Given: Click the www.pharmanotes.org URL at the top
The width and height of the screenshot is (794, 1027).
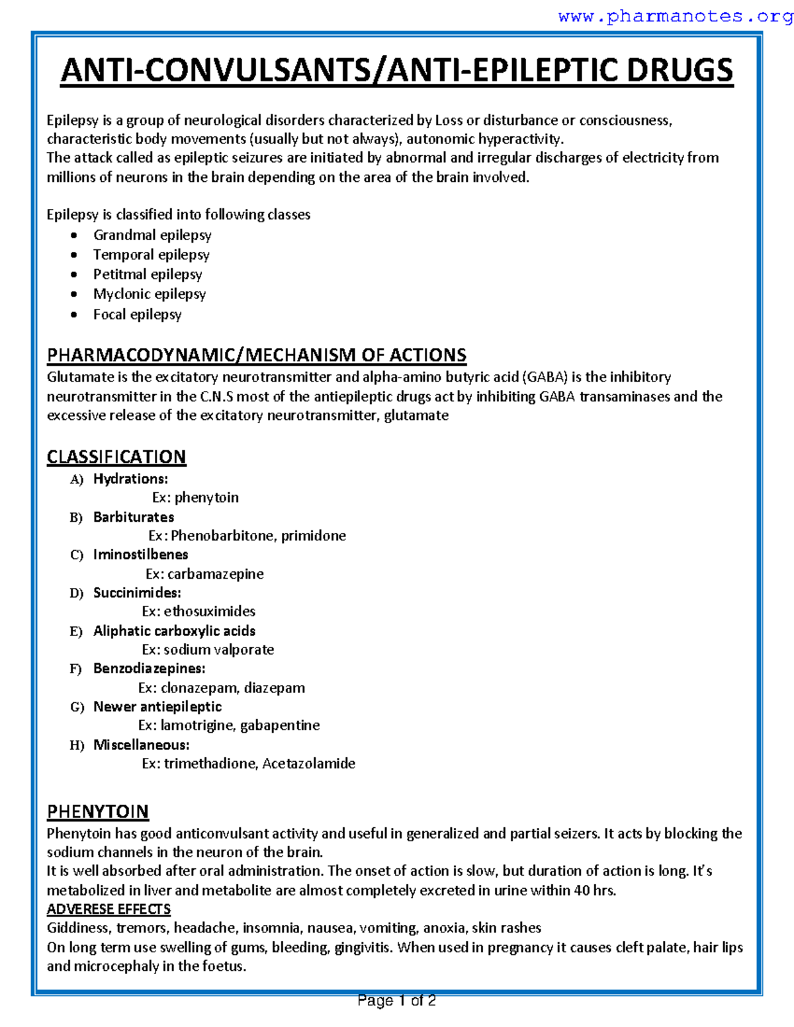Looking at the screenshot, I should coord(675,17).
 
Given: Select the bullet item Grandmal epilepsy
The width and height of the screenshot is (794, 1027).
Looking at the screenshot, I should coord(152,235).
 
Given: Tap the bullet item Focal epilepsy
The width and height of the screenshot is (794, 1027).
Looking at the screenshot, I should coord(137,315).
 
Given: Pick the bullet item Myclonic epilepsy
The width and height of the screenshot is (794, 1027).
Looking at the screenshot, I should coord(150,294).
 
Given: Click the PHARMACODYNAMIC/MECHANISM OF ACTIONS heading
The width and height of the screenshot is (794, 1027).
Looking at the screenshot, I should coord(256,355).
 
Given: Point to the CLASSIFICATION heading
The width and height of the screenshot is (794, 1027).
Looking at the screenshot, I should coord(116,457).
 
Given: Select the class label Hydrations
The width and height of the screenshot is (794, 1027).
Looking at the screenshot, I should coord(130,479).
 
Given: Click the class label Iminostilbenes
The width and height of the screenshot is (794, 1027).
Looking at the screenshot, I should coord(140,555).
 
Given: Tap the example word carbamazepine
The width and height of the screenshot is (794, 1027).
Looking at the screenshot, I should coord(215,574).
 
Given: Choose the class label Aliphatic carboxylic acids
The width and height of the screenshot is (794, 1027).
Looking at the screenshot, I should coord(174,631).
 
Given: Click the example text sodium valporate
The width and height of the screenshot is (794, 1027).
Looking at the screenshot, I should coord(218,650).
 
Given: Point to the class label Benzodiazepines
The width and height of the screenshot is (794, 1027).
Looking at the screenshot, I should coord(149,669).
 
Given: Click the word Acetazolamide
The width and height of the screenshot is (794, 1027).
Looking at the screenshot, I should coord(308,764).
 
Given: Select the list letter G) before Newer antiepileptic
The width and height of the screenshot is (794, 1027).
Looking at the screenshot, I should coord(77,708).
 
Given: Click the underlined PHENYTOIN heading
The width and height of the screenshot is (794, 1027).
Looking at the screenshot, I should coord(98,811).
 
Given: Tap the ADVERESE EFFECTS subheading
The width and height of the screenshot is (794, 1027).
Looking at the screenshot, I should coord(109,909).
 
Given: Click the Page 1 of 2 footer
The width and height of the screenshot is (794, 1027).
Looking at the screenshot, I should coord(396,1001).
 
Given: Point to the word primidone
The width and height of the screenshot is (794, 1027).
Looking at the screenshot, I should coord(313,536).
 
